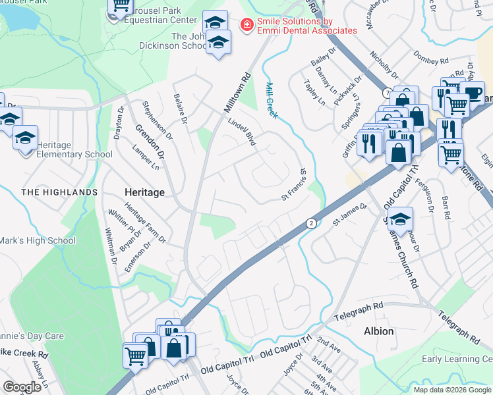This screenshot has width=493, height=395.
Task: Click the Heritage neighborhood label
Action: point(144,192)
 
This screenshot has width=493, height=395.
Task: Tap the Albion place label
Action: point(378,331)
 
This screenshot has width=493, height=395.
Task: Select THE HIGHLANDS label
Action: point(59,192)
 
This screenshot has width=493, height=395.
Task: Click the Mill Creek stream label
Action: point(271,100)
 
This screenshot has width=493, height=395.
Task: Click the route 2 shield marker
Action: point(310,224)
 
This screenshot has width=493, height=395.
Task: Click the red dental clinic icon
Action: point(247,25)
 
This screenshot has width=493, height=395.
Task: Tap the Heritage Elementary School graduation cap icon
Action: point(25,139)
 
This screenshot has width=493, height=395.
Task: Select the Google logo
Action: point(22,387)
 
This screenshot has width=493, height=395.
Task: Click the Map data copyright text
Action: point(452,390)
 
